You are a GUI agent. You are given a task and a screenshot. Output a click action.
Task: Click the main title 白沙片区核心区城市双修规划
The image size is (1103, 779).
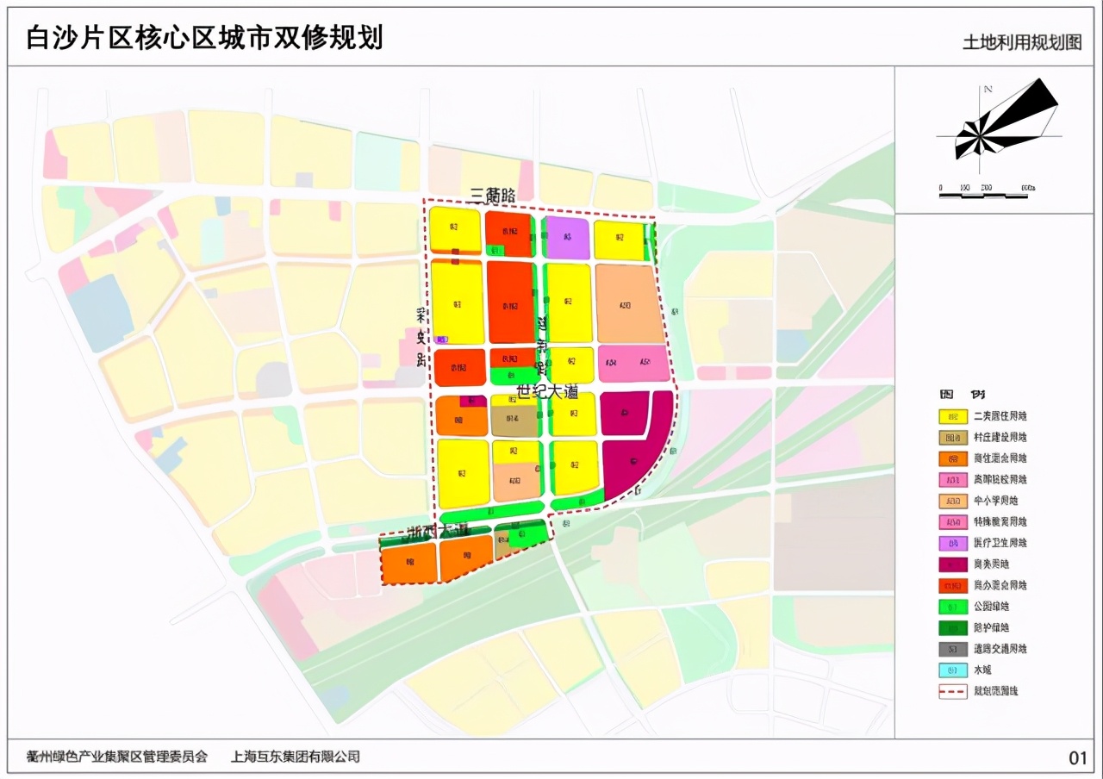(x=205, y=38)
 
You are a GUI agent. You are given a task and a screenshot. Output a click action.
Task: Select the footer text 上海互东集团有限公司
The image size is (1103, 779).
(x=296, y=757)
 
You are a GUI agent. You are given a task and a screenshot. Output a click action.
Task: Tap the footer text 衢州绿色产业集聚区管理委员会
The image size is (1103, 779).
(x=117, y=757)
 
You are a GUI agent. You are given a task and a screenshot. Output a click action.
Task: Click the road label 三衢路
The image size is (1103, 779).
(x=495, y=196)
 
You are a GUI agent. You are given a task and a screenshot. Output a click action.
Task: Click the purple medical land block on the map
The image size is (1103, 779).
(x=568, y=239)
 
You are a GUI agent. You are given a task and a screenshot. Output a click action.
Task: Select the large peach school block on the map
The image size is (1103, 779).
(x=630, y=303)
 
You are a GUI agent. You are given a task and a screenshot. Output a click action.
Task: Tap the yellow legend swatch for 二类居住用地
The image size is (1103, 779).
(x=952, y=416)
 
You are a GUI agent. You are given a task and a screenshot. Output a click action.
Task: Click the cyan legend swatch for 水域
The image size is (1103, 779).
(x=952, y=670)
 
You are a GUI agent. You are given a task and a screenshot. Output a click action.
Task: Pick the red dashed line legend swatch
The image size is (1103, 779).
(x=952, y=691)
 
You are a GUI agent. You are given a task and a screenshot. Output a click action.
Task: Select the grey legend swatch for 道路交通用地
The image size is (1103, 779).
(x=952, y=649)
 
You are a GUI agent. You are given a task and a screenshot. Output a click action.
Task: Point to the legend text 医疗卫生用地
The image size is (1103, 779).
(x=1000, y=543)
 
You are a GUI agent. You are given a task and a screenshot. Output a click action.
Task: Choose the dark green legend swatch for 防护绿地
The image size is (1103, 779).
(x=952, y=627)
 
